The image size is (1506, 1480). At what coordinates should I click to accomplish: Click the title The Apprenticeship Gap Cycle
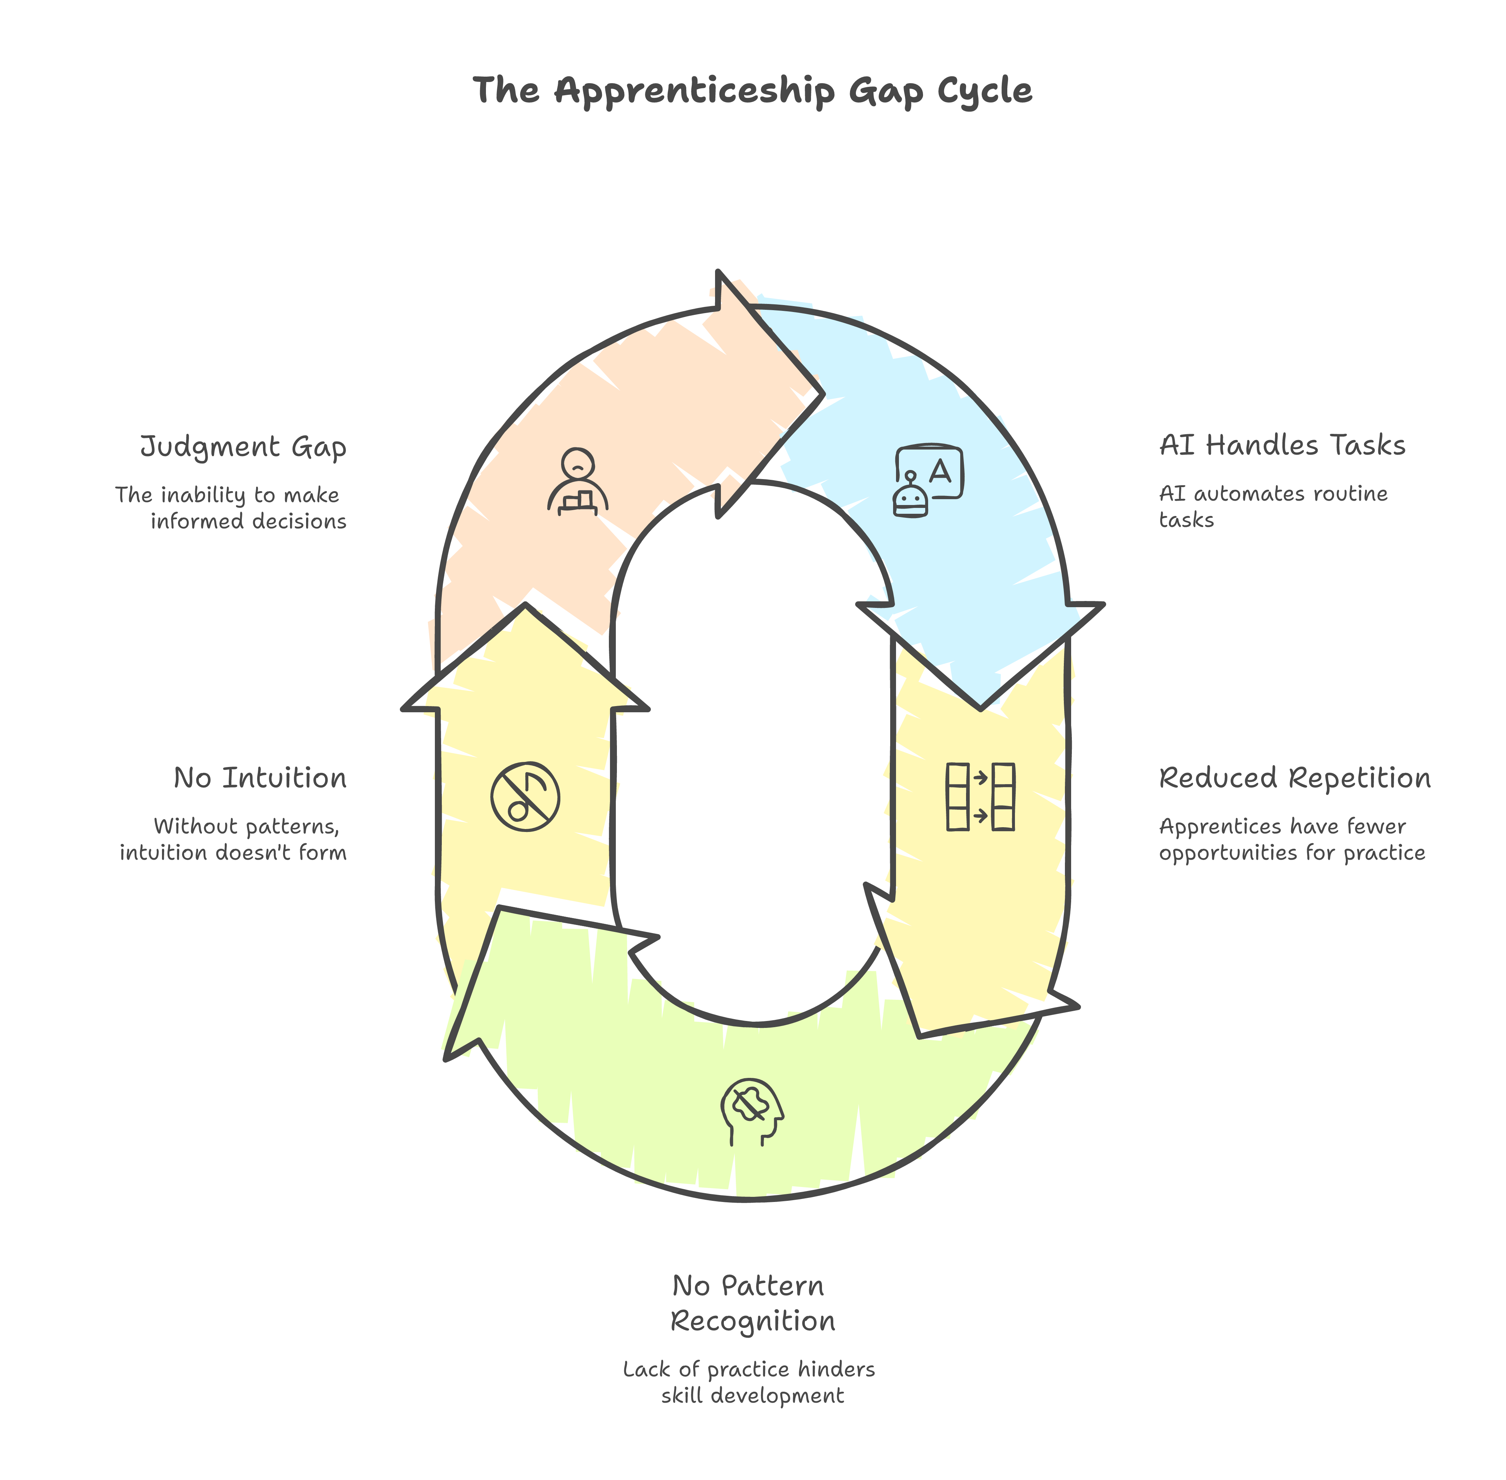point(752,91)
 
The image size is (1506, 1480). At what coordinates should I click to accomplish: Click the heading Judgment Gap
point(243,448)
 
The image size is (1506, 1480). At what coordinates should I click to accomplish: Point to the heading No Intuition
point(260,778)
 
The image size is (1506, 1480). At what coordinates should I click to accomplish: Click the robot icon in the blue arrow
point(928,481)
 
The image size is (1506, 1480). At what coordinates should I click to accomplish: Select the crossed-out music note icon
point(525,796)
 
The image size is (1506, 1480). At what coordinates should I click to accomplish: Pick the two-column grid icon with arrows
point(980,797)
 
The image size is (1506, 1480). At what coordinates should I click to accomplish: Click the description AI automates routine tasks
point(1273,506)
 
